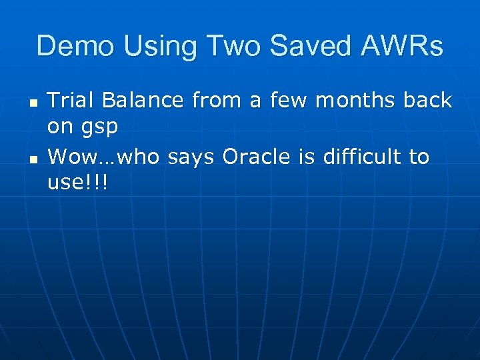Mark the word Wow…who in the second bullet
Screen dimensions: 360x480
[x=105, y=157]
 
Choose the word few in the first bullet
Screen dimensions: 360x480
[x=291, y=101]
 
